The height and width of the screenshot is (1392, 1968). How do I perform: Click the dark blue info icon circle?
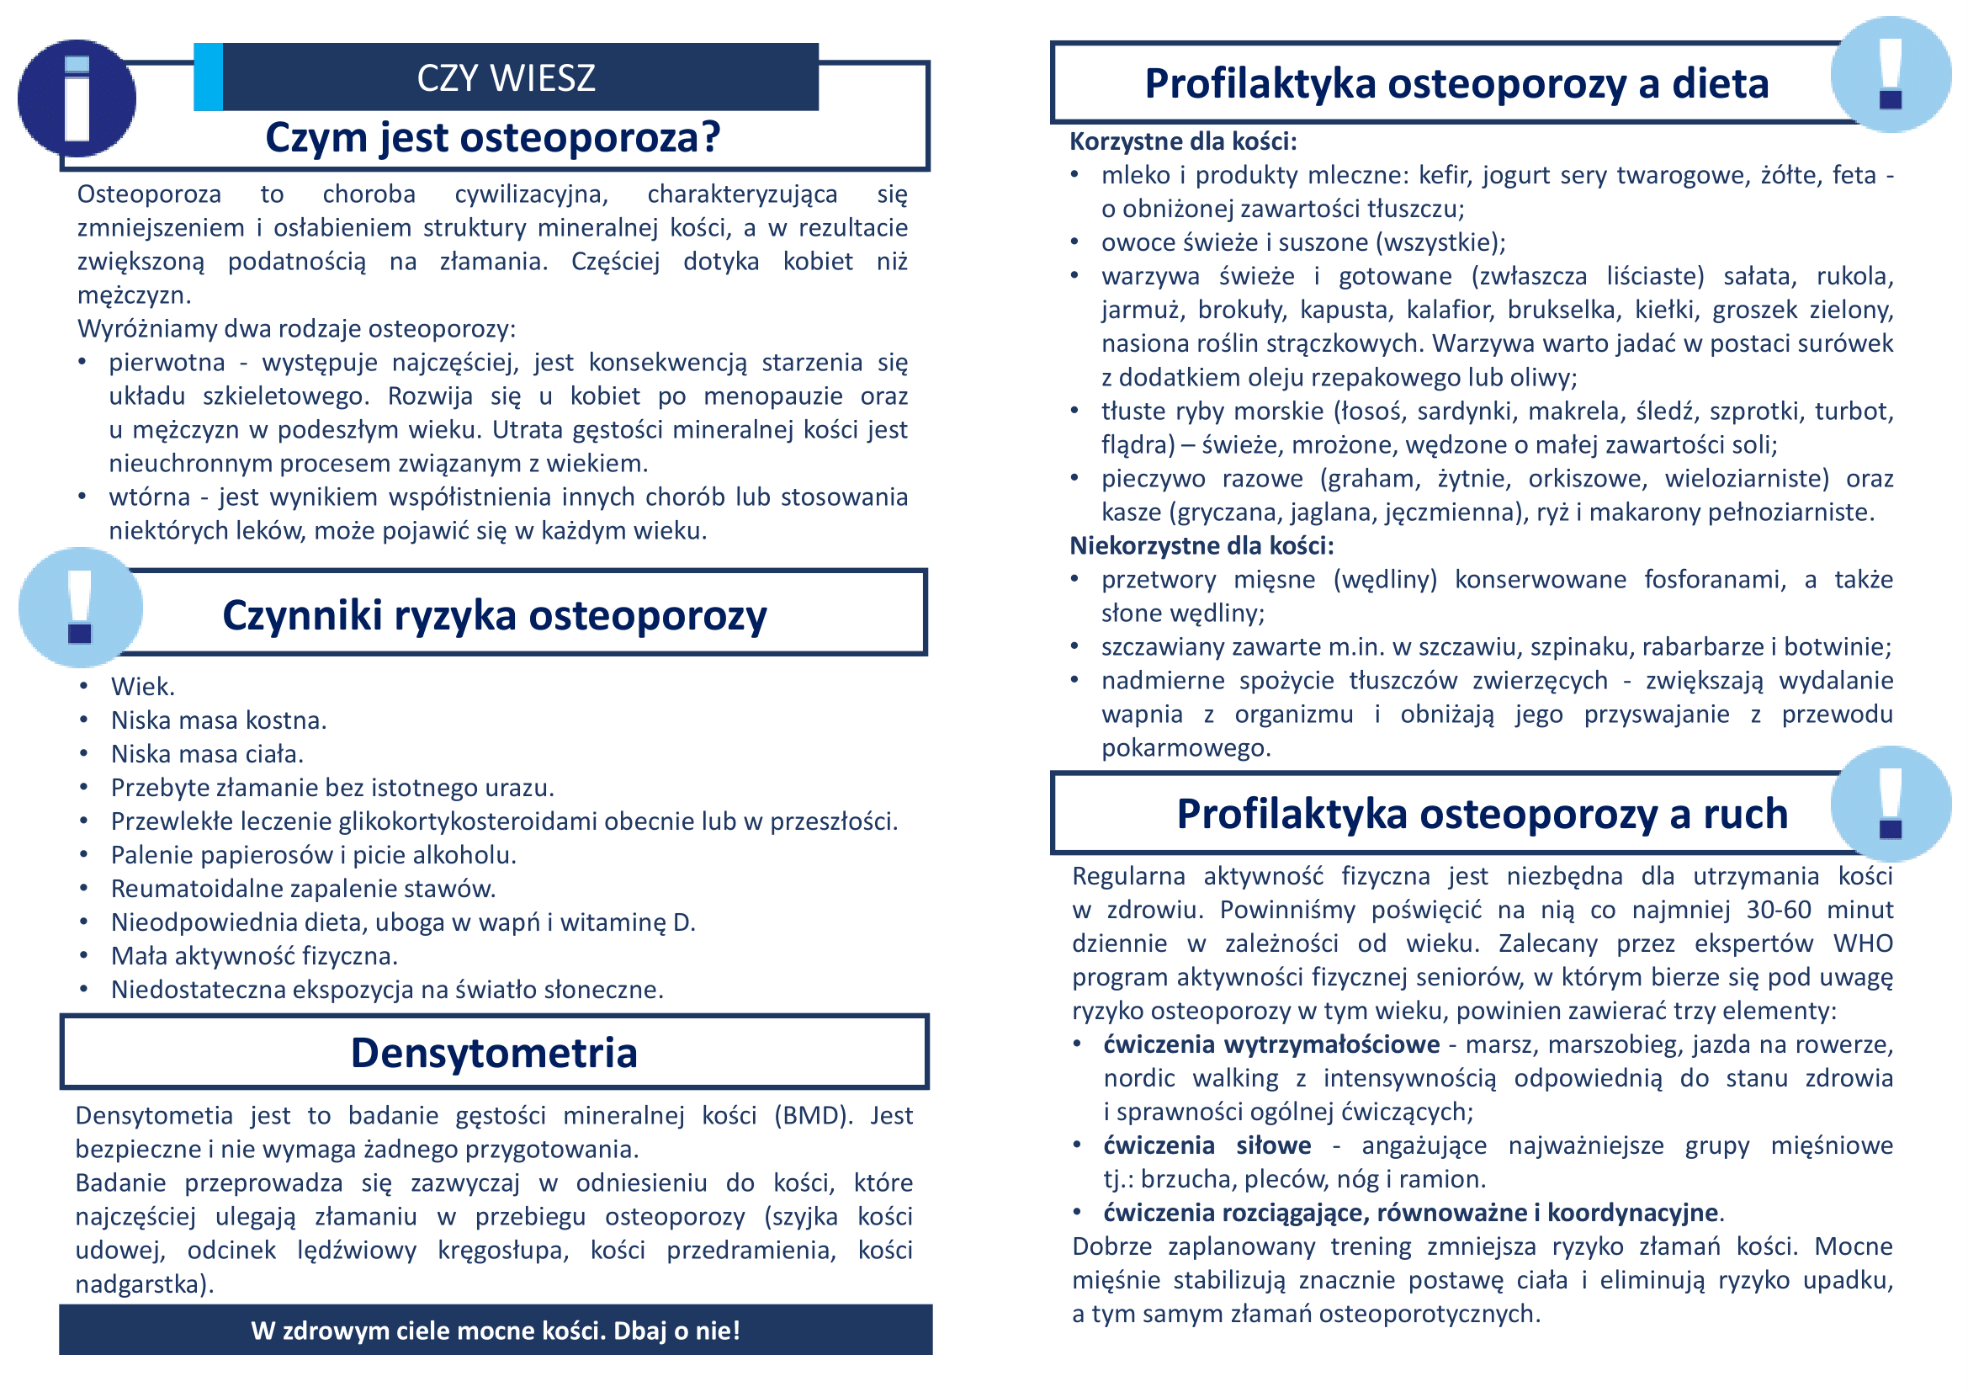click(x=77, y=98)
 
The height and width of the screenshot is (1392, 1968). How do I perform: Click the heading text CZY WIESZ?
click(x=506, y=78)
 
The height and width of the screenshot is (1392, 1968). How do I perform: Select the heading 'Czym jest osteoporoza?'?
click(x=493, y=137)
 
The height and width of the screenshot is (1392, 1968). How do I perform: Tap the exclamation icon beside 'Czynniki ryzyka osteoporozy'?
click(x=80, y=607)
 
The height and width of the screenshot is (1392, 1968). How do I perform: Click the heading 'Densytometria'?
click(x=494, y=1053)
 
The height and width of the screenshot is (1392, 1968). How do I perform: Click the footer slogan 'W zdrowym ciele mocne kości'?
click(x=496, y=1331)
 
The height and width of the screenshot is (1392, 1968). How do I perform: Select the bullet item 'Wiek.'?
click(x=142, y=687)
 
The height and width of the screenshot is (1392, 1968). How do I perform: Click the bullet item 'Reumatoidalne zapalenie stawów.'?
click(x=304, y=889)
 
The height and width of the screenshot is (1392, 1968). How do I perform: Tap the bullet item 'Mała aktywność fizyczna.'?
click(x=255, y=956)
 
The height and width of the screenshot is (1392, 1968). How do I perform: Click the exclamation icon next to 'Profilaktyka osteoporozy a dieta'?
click(x=1890, y=75)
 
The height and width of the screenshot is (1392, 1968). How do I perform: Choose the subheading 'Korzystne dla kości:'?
click(x=1183, y=141)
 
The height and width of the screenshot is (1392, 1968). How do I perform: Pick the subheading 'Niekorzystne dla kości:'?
click(x=1201, y=545)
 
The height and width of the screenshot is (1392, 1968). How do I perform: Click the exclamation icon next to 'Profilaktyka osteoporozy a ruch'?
click(x=1890, y=804)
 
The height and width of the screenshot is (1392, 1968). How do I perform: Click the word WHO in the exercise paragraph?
click(x=1863, y=943)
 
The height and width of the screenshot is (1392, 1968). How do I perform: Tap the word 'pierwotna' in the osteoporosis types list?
click(x=167, y=363)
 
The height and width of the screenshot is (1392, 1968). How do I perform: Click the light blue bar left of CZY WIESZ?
click(x=209, y=77)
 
